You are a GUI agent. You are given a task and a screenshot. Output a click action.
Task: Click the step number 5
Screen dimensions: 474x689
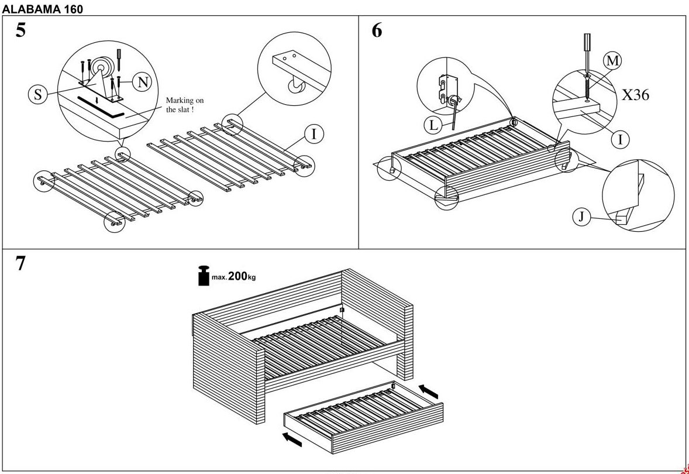(x=20, y=30)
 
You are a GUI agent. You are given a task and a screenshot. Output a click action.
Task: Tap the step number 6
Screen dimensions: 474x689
(x=377, y=30)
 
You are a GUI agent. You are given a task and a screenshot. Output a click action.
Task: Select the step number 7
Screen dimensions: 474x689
(x=20, y=264)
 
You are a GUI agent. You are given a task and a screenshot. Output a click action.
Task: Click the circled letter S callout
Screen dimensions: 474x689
(x=38, y=95)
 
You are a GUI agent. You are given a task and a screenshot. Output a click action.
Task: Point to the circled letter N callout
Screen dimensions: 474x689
(x=142, y=83)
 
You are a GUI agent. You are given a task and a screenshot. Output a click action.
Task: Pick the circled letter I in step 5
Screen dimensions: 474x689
(x=314, y=135)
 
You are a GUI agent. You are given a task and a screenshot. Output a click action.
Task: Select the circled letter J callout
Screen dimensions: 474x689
(x=581, y=217)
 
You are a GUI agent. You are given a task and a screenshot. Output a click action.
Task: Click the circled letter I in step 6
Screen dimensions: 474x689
(x=620, y=139)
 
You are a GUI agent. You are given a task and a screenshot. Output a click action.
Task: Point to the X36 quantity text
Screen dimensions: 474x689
(x=635, y=95)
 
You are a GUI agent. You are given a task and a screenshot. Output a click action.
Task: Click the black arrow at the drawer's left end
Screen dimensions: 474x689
(x=292, y=439)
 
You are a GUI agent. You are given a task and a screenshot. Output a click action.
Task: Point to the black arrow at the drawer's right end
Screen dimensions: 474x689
(x=429, y=390)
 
